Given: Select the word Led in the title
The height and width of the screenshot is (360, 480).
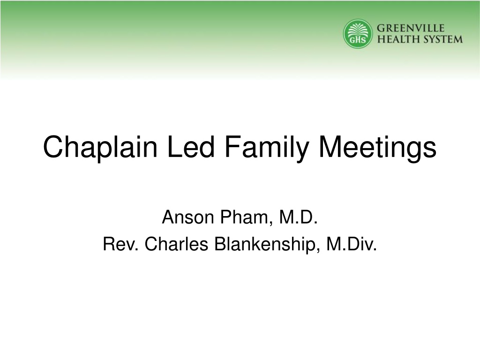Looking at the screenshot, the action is point(191,147).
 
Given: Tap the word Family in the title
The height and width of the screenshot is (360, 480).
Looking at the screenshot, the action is point(267,149).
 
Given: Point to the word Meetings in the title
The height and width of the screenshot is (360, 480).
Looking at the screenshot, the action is point(377,149).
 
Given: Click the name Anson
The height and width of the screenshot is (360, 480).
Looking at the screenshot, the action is point(188,217).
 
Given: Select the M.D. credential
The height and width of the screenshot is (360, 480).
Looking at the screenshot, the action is point(298,217).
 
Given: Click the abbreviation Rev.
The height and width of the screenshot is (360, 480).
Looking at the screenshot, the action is point(121,244).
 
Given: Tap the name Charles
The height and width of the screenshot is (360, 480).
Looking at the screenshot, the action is point(177,244).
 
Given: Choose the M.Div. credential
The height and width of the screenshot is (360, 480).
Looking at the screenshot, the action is point(352,244).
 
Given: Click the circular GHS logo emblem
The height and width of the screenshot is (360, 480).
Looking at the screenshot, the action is point(358,34).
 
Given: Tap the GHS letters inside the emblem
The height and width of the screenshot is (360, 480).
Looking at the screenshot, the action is point(358,40).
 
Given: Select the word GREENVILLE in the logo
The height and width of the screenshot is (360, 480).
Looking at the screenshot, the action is point(411,28).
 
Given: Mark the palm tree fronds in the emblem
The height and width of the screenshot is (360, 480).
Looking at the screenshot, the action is point(358,30).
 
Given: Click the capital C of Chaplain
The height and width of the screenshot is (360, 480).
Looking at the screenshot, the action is point(52,147).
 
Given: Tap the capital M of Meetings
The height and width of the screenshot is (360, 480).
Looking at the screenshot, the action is point(330,147).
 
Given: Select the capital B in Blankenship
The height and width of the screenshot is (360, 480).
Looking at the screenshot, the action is point(220,244).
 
